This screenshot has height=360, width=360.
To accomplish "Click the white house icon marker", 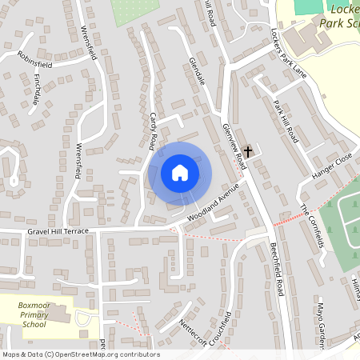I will tap(180, 172).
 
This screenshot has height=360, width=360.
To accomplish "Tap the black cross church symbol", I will tap(248, 150).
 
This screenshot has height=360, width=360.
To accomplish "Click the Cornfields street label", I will tap(312, 226).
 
